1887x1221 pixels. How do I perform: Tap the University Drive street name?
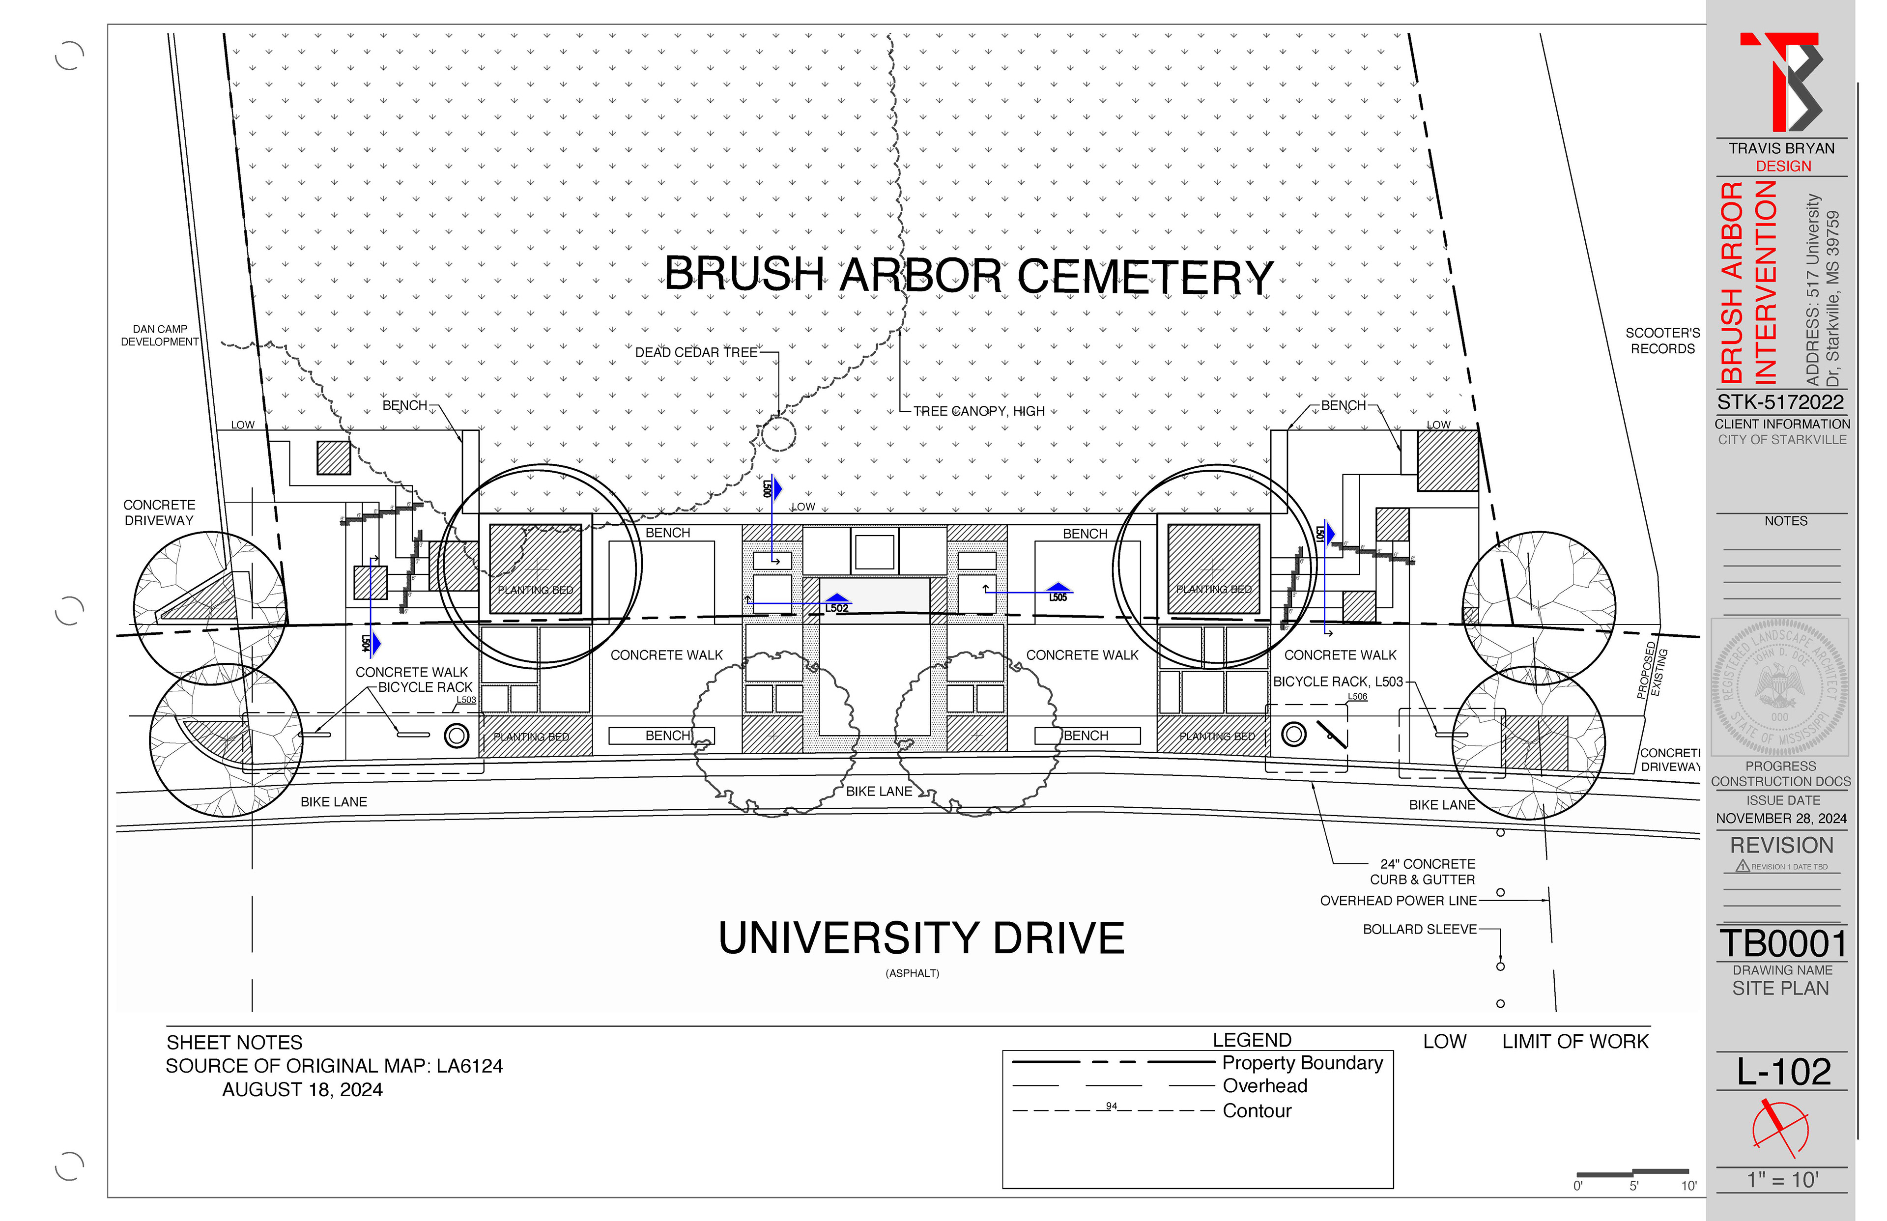921,938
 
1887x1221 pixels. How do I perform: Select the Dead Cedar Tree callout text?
696,352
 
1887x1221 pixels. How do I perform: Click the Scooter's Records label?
1662,341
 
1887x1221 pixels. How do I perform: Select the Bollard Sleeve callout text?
1419,929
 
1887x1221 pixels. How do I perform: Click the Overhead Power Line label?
1398,901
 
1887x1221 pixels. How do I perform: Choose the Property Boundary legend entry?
1302,1062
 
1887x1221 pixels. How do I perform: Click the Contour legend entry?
1257,1111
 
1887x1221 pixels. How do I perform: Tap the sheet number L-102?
1784,1072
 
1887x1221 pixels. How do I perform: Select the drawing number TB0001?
1783,943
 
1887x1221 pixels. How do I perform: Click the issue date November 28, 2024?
1781,818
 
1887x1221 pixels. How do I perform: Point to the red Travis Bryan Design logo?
1781,82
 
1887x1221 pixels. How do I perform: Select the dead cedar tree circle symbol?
778,434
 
